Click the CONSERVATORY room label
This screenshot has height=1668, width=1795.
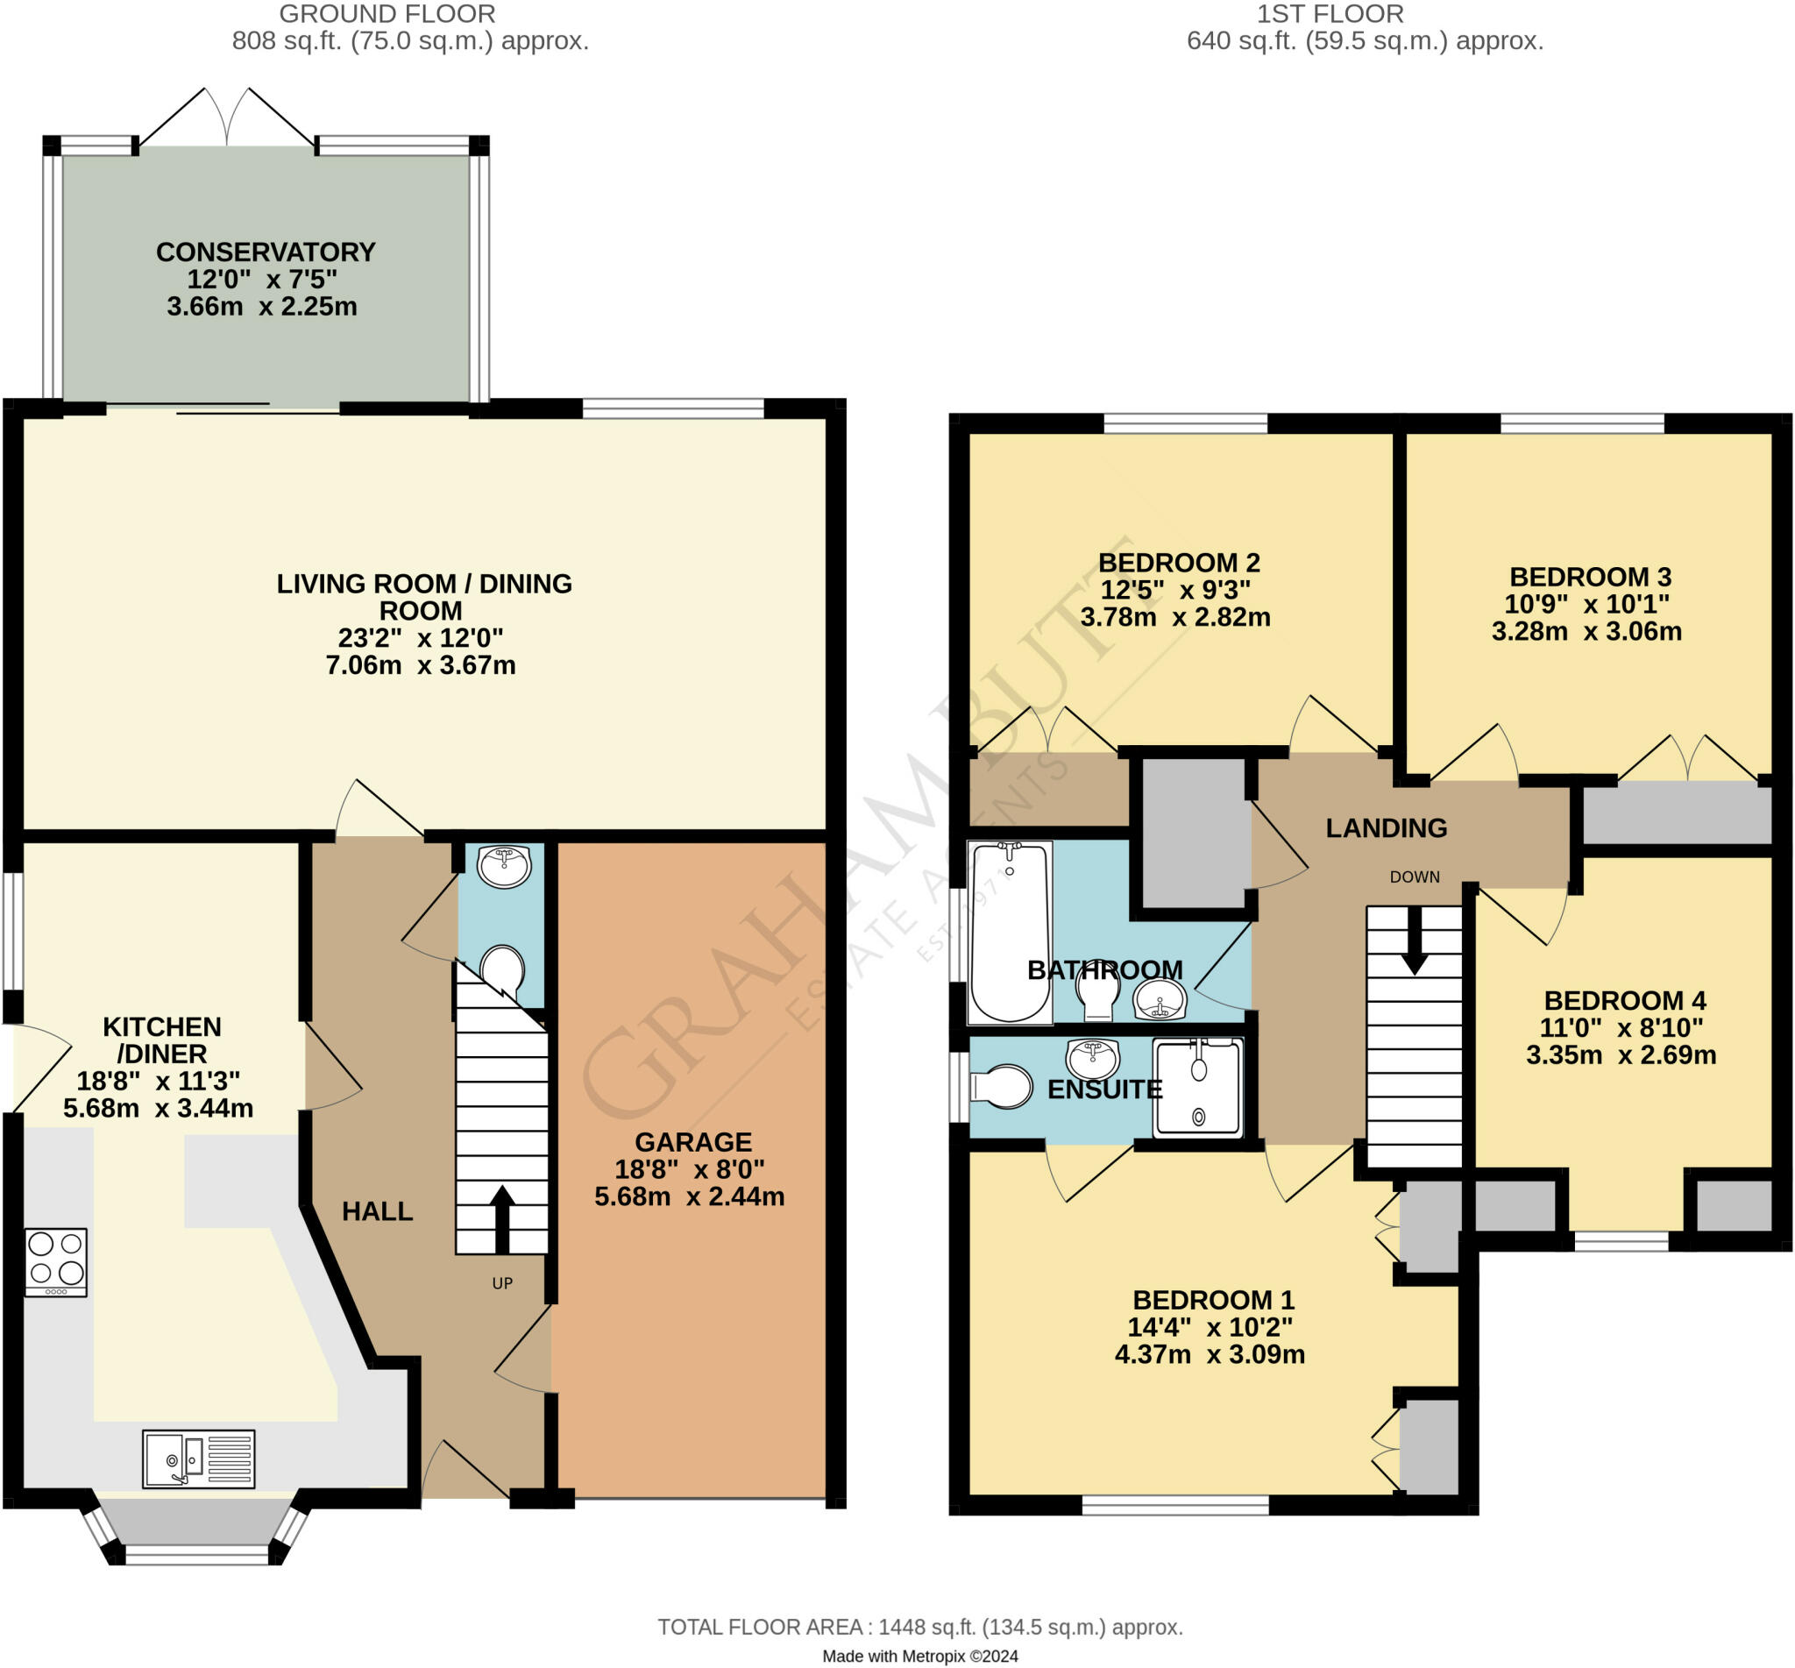point(265,252)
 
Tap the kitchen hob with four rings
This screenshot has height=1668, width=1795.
point(56,1261)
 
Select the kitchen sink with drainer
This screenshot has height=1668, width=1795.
point(199,1459)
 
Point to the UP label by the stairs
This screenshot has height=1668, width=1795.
point(501,1283)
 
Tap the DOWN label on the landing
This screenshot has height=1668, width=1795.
point(1414,877)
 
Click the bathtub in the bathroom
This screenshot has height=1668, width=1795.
point(1009,933)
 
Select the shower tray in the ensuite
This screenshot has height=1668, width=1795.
point(1197,1088)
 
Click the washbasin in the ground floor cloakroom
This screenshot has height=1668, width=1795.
point(504,867)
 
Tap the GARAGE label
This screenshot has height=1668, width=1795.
point(692,1143)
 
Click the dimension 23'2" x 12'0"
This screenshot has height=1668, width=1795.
point(420,638)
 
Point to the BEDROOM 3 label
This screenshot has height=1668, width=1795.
point(1590,577)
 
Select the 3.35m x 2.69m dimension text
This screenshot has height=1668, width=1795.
point(1621,1055)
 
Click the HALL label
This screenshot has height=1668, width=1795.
point(377,1211)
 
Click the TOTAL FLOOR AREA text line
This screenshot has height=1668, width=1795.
point(919,1628)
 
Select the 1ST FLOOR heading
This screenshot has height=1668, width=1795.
point(1330,14)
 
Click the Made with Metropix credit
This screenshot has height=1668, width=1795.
point(919,1657)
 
